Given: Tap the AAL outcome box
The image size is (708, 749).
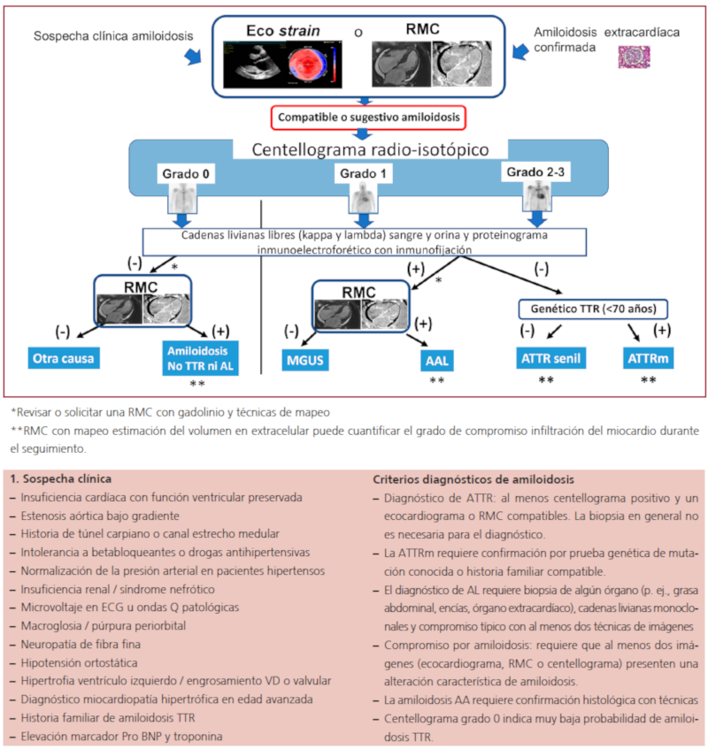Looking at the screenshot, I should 435,361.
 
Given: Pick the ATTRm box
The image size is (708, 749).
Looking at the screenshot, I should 648,359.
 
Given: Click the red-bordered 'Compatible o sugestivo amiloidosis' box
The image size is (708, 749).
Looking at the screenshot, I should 369,118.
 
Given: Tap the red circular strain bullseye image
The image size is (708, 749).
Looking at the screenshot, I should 313,64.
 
